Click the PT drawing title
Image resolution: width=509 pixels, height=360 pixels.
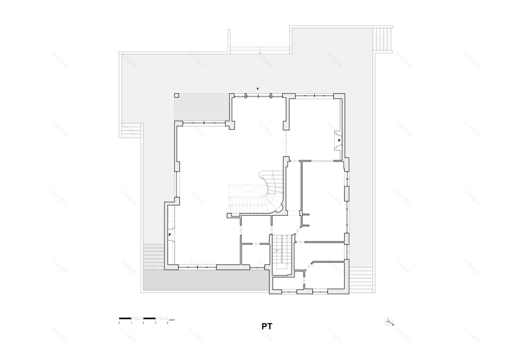[x=266, y=326]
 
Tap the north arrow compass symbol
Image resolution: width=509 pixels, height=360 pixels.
[x=389, y=322]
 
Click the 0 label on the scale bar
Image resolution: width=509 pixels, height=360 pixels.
[x=119, y=322]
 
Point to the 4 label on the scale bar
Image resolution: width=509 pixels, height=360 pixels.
[x=167, y=322]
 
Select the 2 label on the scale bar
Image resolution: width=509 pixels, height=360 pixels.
[x=143, y=322]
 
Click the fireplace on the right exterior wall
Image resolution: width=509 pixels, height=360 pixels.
[x=338, y=139]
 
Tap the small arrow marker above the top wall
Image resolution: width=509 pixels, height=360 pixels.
[x=258, y=89]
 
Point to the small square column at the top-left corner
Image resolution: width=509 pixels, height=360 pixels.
[x=177, y=96]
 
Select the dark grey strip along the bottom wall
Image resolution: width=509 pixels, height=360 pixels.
[x=205, y=281]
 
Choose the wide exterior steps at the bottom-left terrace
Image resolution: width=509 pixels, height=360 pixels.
[x=153, y=256]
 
